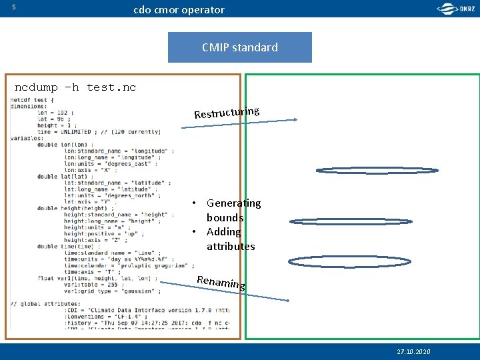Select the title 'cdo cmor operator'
coord(179,10)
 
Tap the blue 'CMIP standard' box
coord(239,47)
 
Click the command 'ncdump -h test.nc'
coord(75,87)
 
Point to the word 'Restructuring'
coord(227,112)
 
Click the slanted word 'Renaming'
coord(221,282)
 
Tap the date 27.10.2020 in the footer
coord(413,351)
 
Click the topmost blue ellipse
coord(377,170)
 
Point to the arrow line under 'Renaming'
coord(227,292)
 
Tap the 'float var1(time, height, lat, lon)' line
coord(97,278)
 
